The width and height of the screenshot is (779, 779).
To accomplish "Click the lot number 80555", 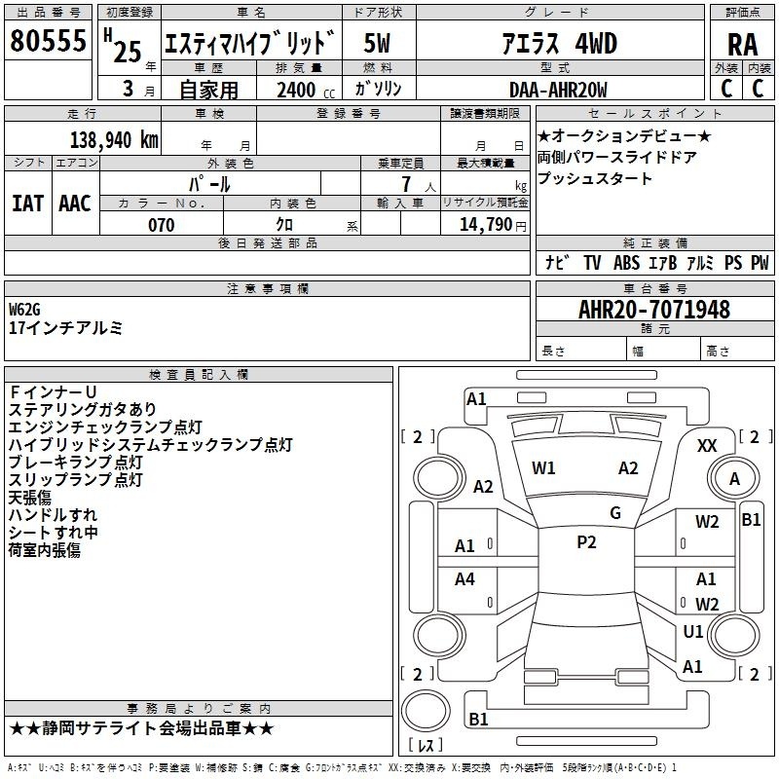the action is click(48, 40).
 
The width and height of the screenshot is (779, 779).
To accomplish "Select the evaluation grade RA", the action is click(743, 45).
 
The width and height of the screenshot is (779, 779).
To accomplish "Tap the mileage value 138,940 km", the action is click(114, 140).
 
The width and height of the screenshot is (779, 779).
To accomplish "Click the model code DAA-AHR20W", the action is click(558, 90).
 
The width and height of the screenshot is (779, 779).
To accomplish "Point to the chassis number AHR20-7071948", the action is click(654, 310).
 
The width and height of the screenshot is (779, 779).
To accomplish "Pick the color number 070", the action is click(162, 225).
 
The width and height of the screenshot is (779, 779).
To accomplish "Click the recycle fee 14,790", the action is click(486, 225).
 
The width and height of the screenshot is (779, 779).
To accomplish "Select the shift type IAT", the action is click(27, 204).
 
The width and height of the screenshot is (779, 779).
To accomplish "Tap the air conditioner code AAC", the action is click(75, 204).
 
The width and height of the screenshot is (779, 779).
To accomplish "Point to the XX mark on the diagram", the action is click(707, 446).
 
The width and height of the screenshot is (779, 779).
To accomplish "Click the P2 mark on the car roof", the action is click(586, 542).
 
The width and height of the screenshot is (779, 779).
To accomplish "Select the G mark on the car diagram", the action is click(615, 513).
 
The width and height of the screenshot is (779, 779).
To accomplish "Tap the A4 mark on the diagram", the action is click(464, 579).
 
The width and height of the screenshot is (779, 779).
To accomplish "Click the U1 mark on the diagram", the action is click(693, 631).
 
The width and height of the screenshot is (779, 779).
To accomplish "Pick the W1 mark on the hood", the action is click(543, 468).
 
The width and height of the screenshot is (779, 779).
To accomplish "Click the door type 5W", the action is click(377, 43).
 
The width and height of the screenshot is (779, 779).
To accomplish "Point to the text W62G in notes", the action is click(24, 310).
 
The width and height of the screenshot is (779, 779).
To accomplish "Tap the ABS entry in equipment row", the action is click(626, 263).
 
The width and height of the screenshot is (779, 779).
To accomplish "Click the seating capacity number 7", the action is click(406, 184).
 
